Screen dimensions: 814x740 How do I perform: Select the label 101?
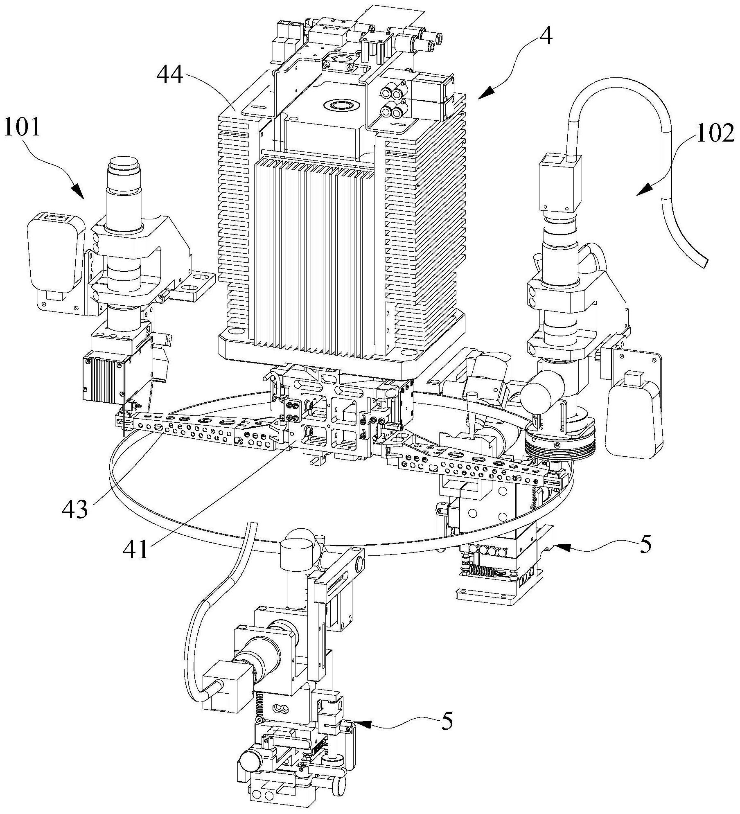click(x=23, y=127)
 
